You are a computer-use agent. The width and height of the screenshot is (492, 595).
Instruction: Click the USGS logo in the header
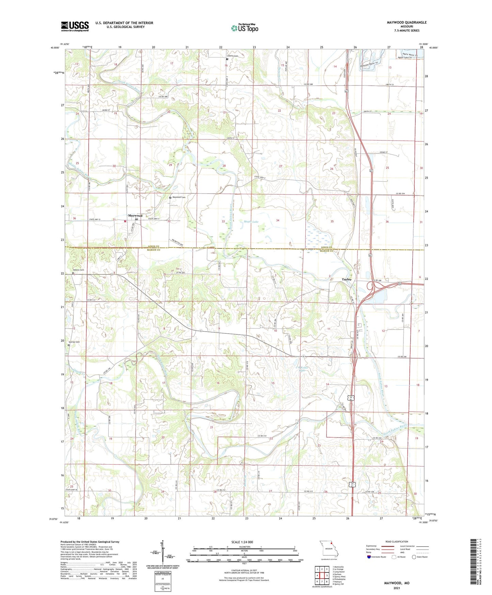tap(75, 26)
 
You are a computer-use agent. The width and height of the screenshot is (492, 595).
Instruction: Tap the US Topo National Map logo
tap(244, 28)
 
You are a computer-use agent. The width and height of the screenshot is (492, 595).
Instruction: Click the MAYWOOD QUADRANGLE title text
tap(407, 22)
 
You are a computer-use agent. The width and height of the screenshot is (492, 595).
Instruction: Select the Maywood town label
tap(135, 215)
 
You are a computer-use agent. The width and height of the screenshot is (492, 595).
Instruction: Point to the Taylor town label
tap(347, 279)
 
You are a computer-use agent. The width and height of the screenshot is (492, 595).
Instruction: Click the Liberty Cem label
tap(233, 56)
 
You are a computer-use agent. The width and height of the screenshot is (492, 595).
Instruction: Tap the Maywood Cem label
tap(179, 197)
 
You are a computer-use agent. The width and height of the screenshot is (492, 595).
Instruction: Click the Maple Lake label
tap(251, 222)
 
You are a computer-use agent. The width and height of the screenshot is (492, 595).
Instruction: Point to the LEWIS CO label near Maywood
tap(154, 246)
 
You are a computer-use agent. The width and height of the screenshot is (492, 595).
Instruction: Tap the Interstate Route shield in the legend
tap(369, 557)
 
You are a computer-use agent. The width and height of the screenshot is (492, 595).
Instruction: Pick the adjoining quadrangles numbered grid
tap(322, 575)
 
